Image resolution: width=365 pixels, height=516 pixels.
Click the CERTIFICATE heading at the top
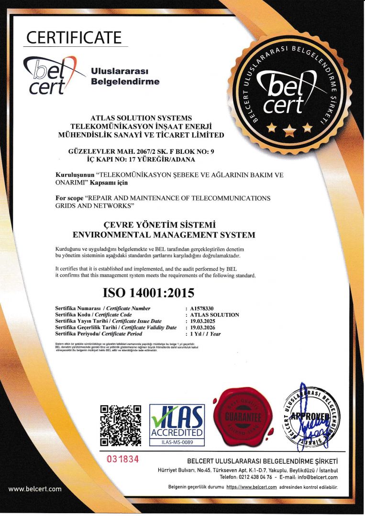(x=74, y=37)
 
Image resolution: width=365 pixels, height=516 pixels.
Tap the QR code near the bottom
(x=121, y=425)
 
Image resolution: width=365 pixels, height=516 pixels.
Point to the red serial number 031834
(x=122, y=459)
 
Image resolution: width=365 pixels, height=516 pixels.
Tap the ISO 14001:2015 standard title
(x=149, y=292)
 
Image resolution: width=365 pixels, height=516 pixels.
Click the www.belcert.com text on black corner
(x=35, y=489)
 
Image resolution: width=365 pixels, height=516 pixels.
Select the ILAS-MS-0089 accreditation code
(x=177, y=442)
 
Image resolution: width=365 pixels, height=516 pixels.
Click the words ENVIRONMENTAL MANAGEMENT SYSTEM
(x=164, y=235)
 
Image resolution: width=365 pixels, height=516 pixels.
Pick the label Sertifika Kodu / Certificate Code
(x=93, y=315)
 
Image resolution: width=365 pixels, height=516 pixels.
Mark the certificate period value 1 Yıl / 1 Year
(x=205, y=333)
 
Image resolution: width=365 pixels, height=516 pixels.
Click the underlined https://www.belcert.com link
(x=251, y=487)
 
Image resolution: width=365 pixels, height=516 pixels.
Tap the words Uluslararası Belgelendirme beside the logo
(x=125, y=76)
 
